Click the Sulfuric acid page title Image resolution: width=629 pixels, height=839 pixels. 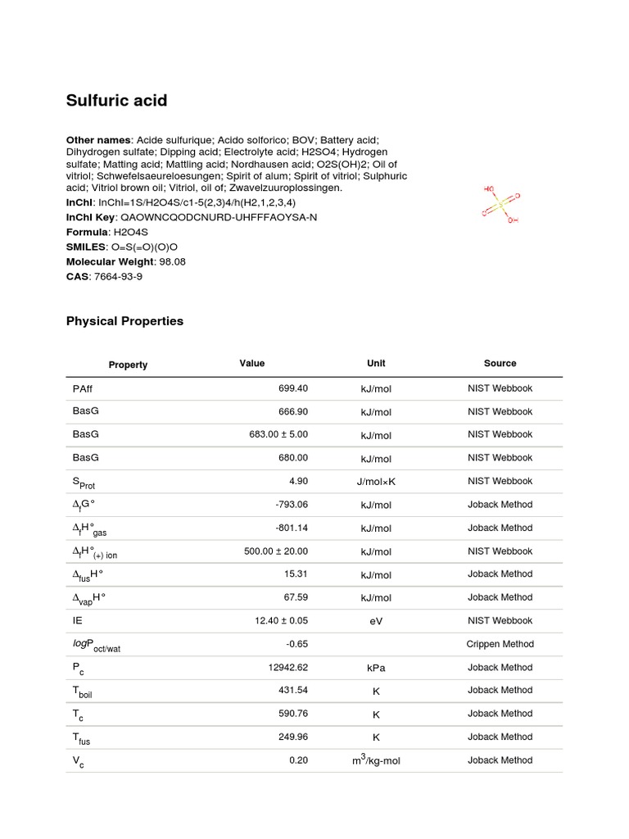point(116,101)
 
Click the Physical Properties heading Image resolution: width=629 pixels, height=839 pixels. point(124,321)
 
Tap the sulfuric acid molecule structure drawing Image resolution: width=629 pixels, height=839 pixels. point(500,204)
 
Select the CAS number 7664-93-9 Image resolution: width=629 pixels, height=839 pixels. point(120,276)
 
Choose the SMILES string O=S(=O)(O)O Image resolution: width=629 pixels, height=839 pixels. point(144,247)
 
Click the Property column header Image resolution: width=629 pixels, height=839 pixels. point(128,365)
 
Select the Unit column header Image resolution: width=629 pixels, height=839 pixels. point(376,363)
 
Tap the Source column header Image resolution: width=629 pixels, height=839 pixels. point(500,363)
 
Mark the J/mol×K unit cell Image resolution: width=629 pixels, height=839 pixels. point(376,482)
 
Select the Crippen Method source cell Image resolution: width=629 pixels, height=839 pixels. point(500,644)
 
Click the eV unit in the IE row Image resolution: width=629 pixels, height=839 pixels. point(376,621)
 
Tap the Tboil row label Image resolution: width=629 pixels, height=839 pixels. point(83,692)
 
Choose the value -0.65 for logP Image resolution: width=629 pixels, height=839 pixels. point(296,644)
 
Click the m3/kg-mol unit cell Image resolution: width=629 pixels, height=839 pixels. point(376,760)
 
